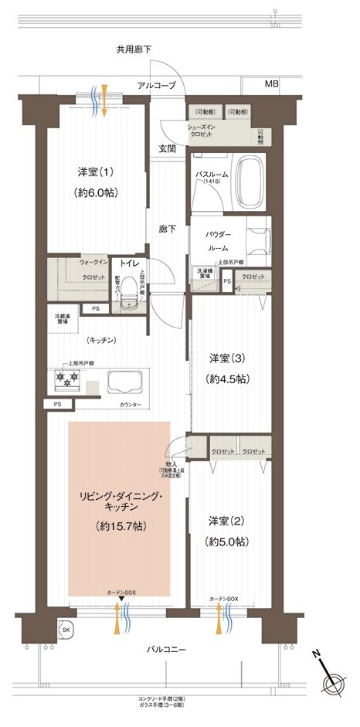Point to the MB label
tap(271, 83)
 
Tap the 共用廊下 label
tap(134, 49)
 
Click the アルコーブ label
tap(158, 85)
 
